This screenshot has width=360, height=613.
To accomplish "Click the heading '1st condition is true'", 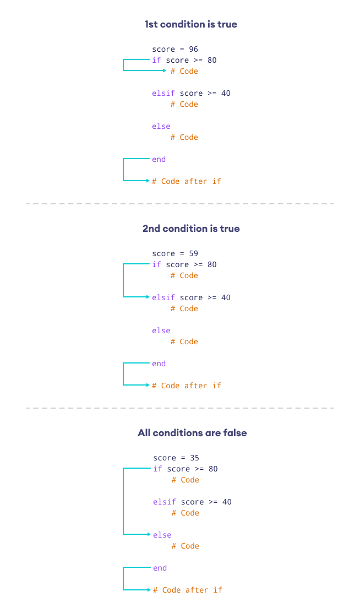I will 190,24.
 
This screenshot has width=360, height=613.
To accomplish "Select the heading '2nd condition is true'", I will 190,229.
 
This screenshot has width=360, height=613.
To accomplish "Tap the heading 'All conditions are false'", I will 192,433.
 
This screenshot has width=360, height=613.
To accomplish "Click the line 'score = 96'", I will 175,50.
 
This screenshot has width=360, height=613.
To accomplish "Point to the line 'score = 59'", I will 175,254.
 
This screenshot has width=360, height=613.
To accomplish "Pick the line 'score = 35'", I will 176,458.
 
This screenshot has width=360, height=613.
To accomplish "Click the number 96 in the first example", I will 193,50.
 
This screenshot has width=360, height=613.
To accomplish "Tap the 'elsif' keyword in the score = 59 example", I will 163,297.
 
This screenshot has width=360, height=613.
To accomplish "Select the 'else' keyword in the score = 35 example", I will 162,535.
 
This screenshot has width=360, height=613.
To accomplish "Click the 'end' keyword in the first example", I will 159,159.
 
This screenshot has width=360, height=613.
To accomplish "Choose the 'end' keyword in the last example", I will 160,568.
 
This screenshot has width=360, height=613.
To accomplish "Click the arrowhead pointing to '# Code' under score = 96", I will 164,70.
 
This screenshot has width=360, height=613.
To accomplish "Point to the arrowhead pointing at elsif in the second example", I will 148,297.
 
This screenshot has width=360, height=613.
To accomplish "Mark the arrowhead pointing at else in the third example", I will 149,534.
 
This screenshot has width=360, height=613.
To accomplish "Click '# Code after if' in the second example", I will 187,386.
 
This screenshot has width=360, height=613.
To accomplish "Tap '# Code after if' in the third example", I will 188,590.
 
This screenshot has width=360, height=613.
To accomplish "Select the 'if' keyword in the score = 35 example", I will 157,469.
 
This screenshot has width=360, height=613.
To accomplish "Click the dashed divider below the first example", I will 180,204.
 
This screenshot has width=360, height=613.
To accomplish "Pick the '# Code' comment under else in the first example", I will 184,137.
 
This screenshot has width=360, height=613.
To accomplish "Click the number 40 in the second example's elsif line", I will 226,297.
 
